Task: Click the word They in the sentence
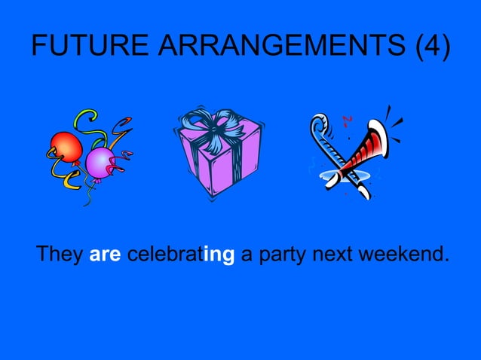click(x=60, y=255)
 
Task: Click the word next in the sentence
click(x=329, y=255)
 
